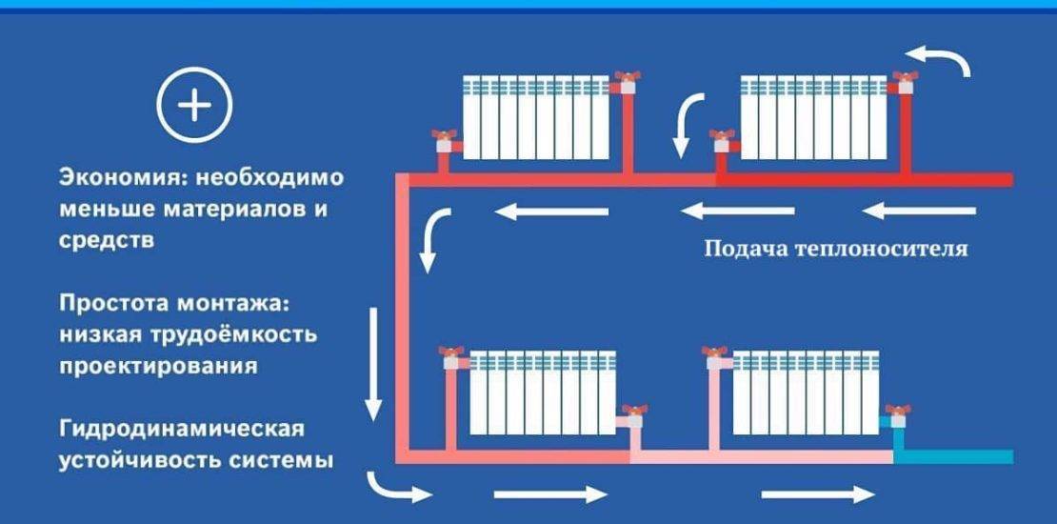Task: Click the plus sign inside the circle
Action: [x=194, y=106]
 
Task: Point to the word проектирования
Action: [x=158, y=366]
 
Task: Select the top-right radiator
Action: [x=815, y=117]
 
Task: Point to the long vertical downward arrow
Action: [x=373, y=362]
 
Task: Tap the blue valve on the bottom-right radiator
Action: [x=894, y=415]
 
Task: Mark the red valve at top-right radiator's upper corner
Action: [x=903, y=81]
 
